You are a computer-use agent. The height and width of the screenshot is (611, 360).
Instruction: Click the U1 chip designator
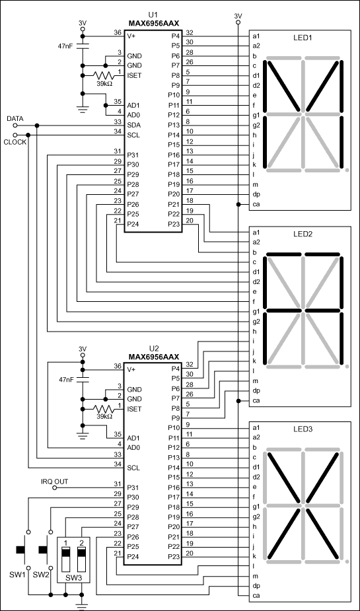[153, 14]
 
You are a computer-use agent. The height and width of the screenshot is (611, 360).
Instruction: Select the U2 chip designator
[153, 347]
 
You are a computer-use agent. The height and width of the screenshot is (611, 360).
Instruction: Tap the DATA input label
[15, 118]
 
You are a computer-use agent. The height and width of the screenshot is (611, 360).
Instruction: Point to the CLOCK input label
[15, 141]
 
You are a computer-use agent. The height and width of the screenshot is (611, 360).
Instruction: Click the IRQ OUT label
[55, 481]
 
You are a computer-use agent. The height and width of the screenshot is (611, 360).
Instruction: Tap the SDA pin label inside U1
[133, 123]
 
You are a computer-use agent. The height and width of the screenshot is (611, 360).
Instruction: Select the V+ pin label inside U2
[133, 369]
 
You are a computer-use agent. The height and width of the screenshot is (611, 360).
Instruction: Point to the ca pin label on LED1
[255, 205]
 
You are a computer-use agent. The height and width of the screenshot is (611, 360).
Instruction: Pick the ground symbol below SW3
[83, 602]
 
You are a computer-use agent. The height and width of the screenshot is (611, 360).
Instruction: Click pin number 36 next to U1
[117, 32]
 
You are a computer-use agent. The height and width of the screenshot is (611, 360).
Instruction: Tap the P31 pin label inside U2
[133, 486]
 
